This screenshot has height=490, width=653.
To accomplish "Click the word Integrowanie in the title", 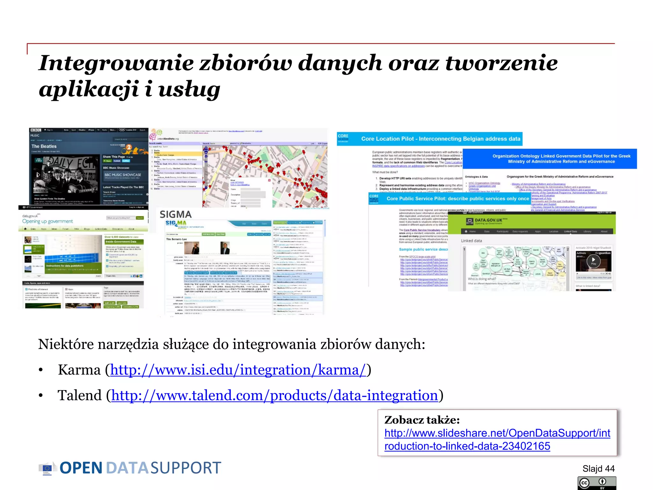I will click(116, 63).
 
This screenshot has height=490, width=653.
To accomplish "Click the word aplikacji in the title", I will click(89, 90).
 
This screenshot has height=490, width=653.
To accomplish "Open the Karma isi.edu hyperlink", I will click(238, 370).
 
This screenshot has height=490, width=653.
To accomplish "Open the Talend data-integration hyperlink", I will click(275, 396).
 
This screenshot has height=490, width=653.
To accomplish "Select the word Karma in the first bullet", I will click(79, 370).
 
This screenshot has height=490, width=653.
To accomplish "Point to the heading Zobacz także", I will click(422, 420).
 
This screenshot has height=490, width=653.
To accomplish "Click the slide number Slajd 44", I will click(598, 469).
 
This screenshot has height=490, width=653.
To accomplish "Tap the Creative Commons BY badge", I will click(597, 483).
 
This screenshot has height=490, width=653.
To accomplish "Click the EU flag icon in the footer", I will click(47, 468).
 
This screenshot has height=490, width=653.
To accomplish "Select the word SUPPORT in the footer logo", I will click(186, 468).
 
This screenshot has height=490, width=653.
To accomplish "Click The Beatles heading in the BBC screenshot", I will click(44, 146).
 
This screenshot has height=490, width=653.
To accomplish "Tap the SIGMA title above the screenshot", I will click(175, 214).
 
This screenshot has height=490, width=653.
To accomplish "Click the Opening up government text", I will click(52, 221).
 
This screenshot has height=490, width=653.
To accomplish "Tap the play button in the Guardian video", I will click(593, 260).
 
